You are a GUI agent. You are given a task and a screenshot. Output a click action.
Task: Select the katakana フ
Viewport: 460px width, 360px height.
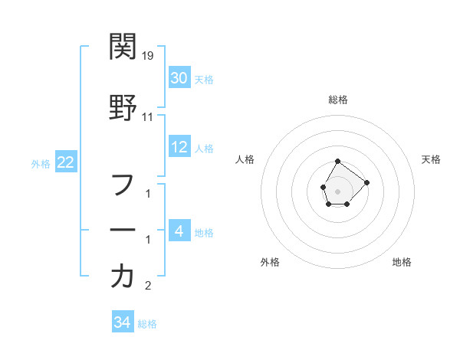tap(123, 184)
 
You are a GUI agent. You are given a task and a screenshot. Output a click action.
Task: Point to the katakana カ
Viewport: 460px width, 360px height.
tap(123, 276)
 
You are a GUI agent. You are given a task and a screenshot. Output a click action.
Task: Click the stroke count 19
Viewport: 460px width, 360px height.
tap(149, 56)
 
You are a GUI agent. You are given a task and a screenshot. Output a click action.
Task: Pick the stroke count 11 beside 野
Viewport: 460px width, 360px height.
tap(148, 117)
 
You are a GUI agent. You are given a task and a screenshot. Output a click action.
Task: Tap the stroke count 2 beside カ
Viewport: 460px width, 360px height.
tap(148, 286)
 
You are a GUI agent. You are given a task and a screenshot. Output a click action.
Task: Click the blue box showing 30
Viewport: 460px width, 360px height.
tap(179, 77)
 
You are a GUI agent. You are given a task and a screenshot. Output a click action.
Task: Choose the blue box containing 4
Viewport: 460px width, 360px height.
tap(179, 231)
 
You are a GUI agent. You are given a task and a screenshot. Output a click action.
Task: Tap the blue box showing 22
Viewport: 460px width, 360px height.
tap(65, 162)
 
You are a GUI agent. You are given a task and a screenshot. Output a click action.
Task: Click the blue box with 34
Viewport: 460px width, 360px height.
tap(122, 322)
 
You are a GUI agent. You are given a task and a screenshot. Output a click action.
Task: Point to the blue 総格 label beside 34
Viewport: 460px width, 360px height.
tap(147, 324)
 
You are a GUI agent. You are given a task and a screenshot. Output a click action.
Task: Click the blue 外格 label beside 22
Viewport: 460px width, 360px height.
tap(40, 163)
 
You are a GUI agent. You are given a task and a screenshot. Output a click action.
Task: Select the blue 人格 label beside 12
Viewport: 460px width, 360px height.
tap(204, 148)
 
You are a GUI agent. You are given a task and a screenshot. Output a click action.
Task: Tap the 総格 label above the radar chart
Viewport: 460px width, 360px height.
tap(338, 100)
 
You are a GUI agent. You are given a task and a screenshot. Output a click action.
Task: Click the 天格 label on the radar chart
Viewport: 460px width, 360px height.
tap(431, 159)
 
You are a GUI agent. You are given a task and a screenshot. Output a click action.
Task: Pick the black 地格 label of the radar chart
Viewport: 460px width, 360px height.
tap(402, 262)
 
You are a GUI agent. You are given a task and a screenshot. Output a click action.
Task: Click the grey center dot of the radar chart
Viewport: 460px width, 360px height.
tap(337, 191)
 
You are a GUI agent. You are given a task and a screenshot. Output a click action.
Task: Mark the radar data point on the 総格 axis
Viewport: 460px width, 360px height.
tap(337, 162)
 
